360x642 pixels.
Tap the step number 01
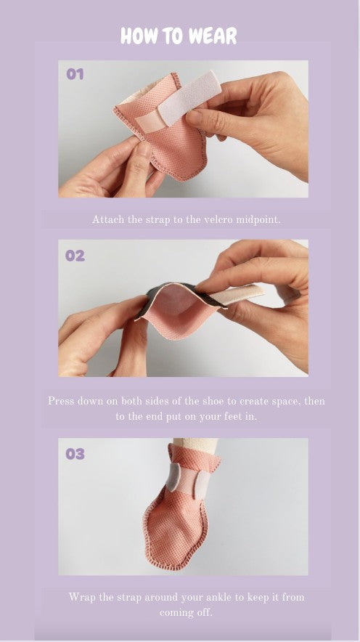pos(75,74)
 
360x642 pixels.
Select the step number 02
pos(75,256)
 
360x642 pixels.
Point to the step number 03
pos(75,454)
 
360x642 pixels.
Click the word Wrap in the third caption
pos(80,597)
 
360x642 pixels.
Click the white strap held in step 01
pos(189,98)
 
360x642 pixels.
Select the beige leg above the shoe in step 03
pos(195,445)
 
